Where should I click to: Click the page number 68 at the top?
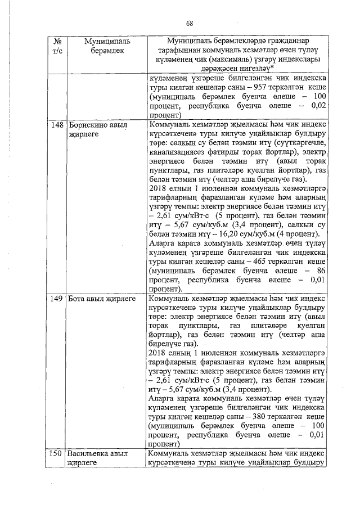click(190, 22)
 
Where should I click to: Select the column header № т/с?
click(56, 46)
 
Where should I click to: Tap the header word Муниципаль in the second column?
click(107, 42)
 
